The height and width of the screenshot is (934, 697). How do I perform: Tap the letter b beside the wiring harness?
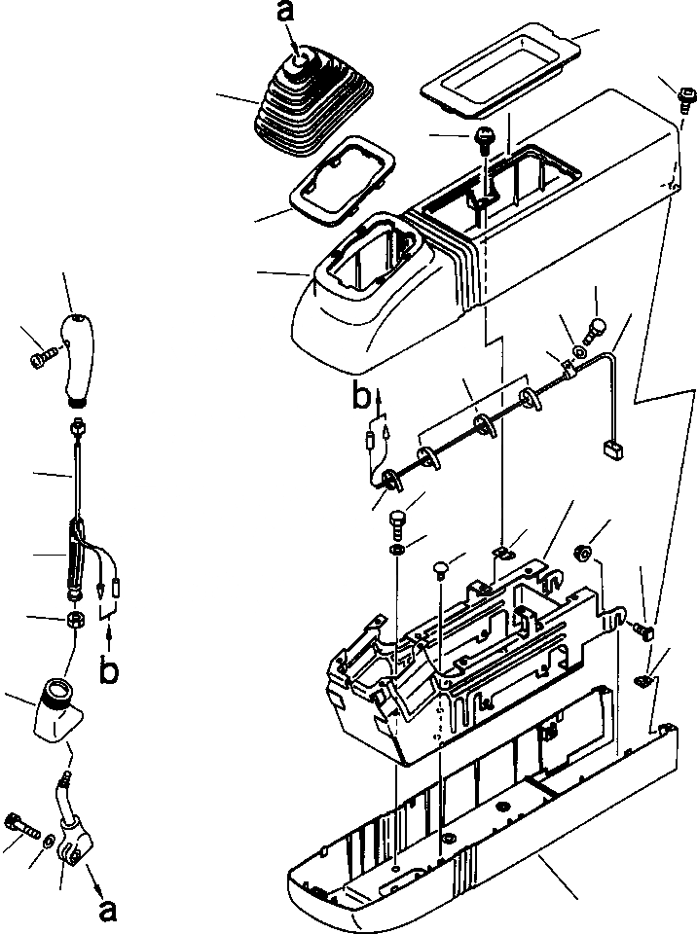pyautogui.click(x=360, y=397)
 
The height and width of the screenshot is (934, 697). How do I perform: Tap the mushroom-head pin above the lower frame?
pyautogui.click(x=441, y=566)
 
